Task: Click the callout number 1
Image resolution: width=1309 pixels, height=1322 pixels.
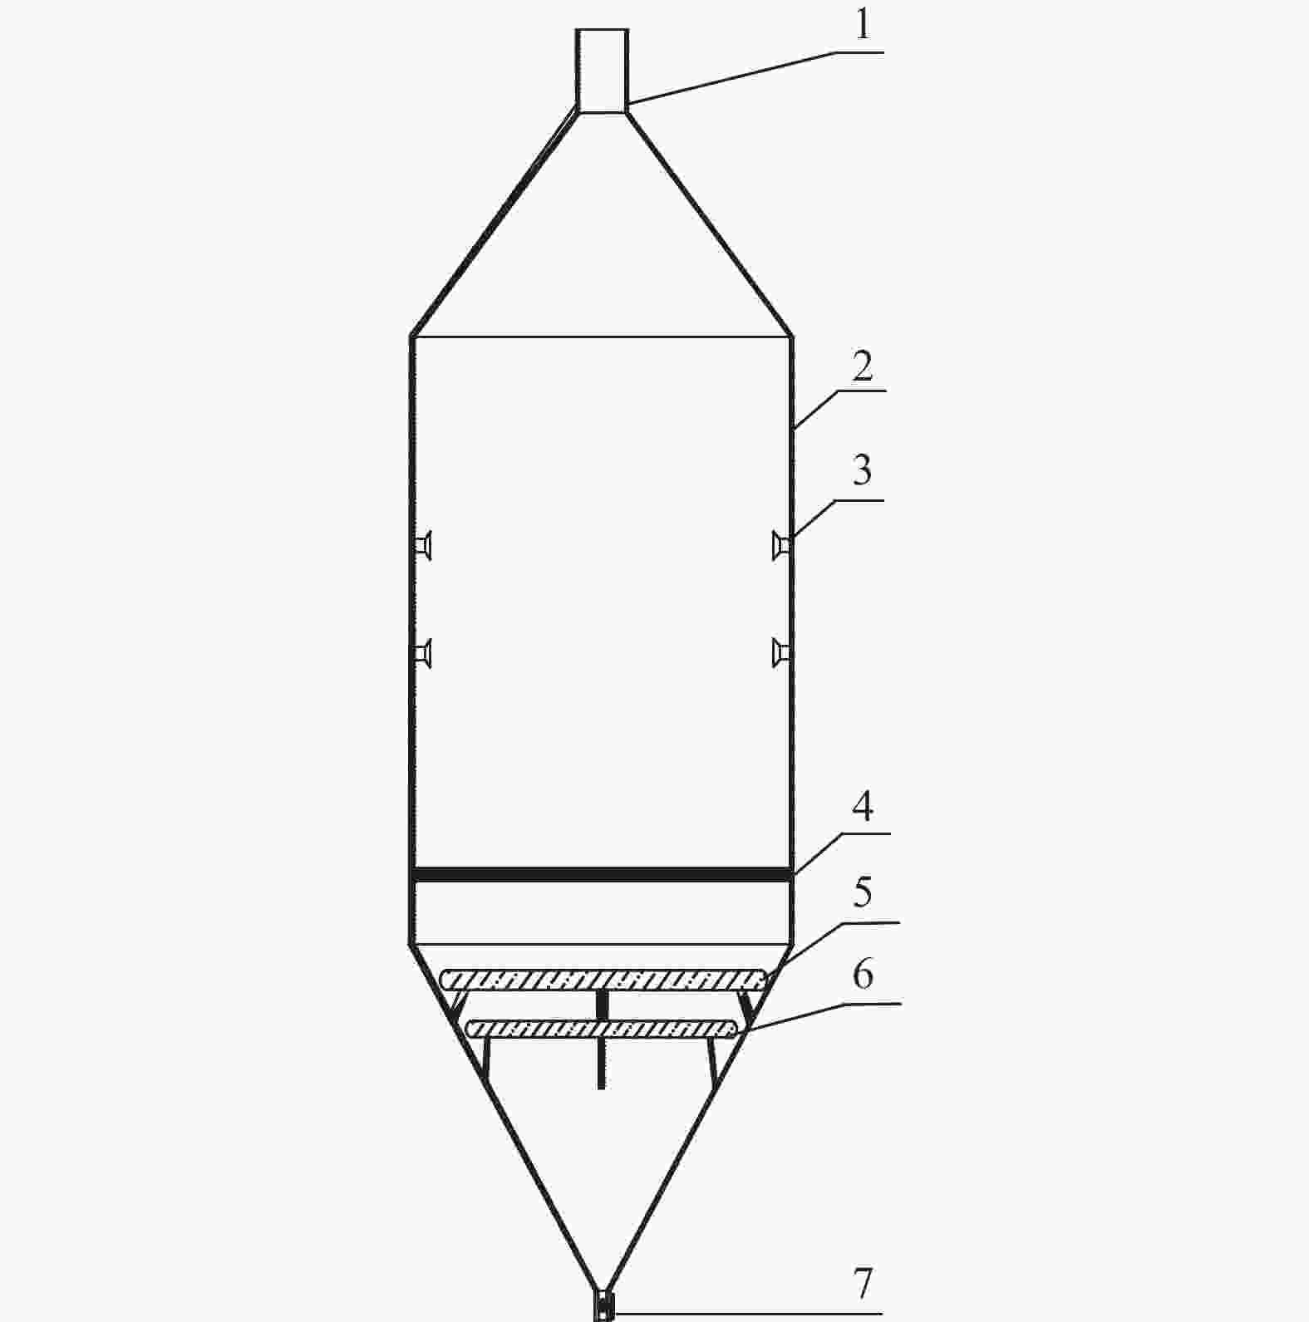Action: tap(864, 25)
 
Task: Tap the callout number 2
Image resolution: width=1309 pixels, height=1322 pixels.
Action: tap(863, 366)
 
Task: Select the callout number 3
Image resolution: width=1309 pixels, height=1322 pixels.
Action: tap(863, 470)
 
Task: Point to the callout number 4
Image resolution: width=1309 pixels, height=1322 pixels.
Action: tap(864, 806)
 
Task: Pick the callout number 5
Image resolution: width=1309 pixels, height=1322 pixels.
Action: tap(863, 892)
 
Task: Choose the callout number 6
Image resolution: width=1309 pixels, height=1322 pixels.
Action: tap(864, 973)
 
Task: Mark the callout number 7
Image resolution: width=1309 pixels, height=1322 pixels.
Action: tap(864, 1284)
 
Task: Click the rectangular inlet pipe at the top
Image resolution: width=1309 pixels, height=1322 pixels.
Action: tap(602, 70)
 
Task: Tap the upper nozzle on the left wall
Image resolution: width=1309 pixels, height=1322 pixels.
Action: tap(424, 545)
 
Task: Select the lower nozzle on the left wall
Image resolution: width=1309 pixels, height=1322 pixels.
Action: tap(424, 653)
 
